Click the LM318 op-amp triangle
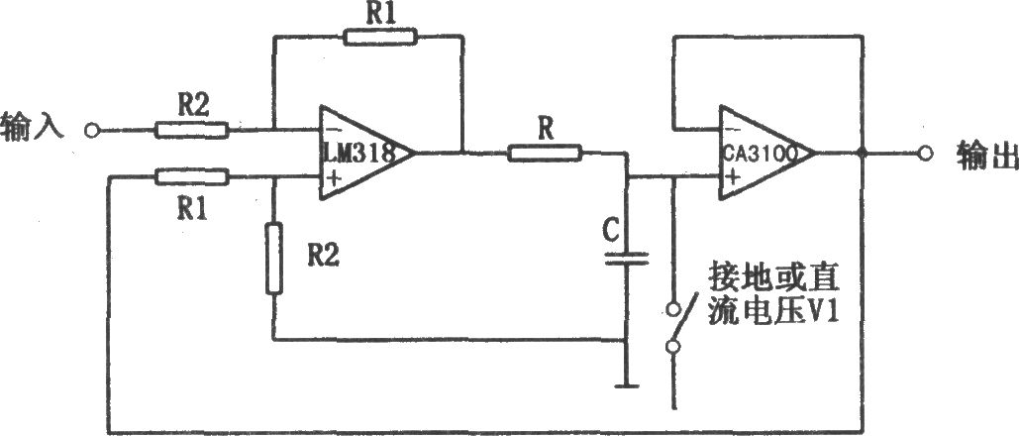coord(360,153)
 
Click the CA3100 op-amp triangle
coord(761,153)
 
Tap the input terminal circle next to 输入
coord(92,130)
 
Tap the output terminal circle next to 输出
coord(925,154)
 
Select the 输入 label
coord(33,126)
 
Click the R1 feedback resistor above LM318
coord(379,37)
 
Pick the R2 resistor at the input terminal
coord(192,130)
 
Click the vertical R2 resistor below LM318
coord(274,259)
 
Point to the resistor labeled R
coord(545,154)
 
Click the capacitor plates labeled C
coord(627,259)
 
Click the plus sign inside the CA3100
coord(732,176)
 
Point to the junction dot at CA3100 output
coord(862,154)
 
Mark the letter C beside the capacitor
coord(612,229)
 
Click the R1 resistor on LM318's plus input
coord(192,176)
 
